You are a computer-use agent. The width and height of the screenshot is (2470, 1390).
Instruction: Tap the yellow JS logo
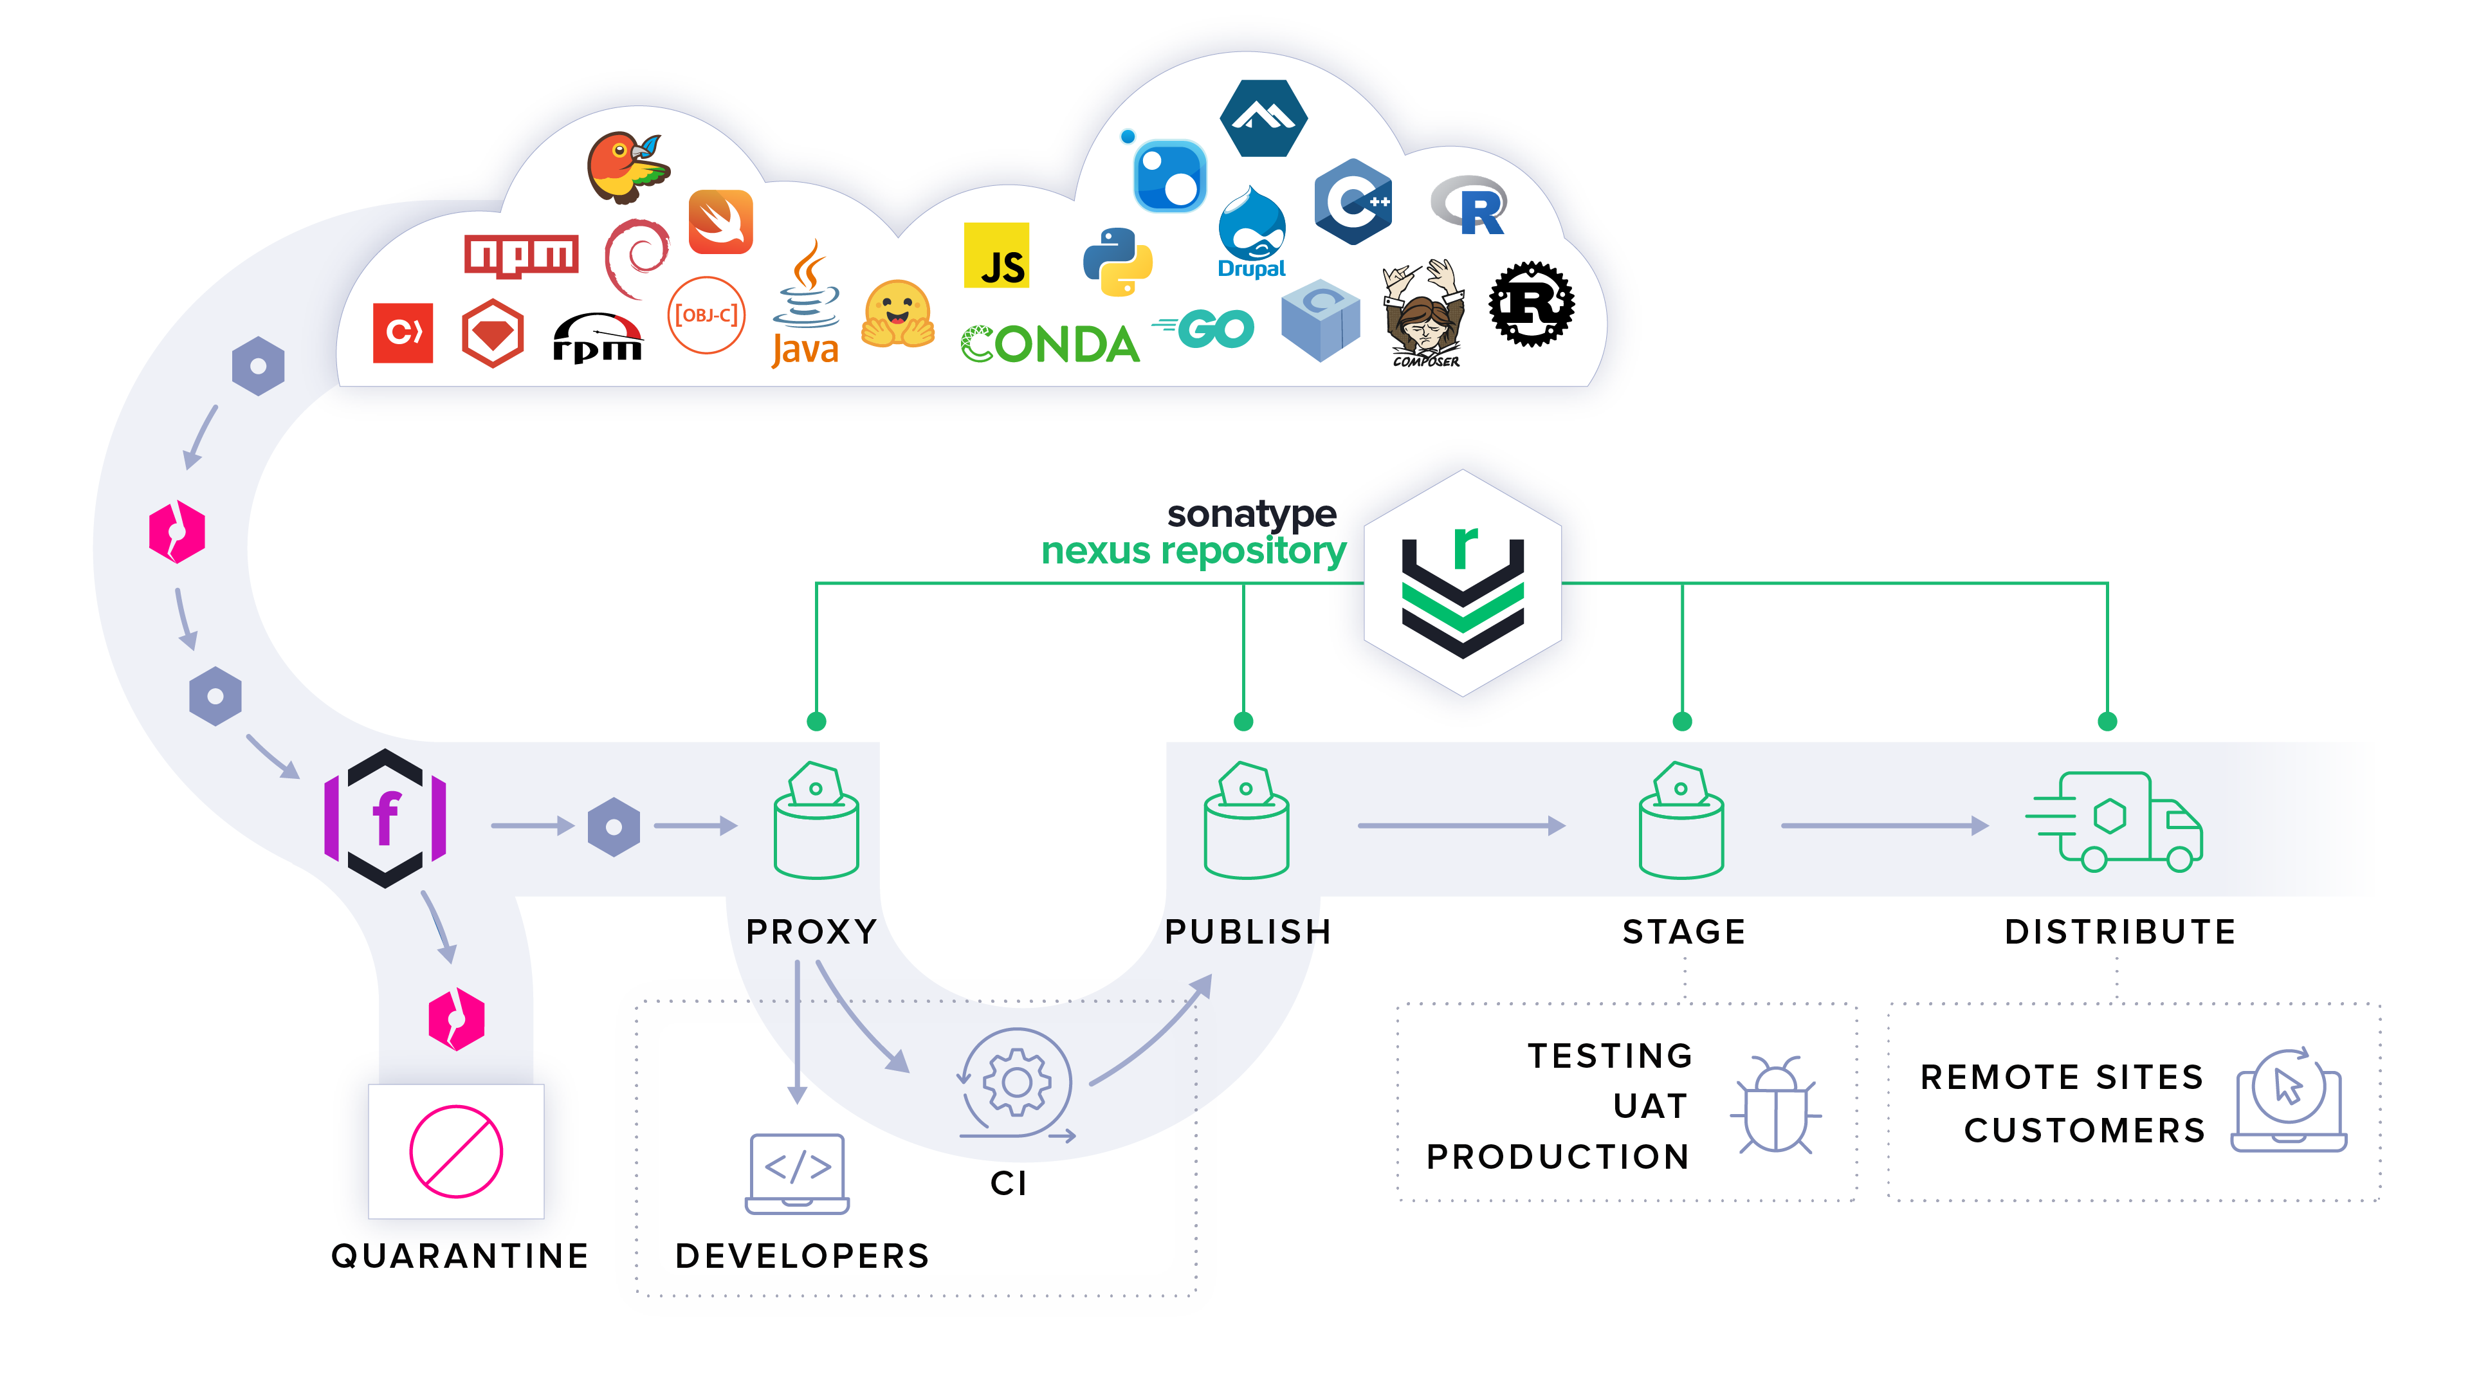click(996, 256)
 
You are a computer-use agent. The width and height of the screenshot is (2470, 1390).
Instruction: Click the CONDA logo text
click(1050, 344)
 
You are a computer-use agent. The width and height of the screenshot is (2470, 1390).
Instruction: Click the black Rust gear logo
click(1532, 304)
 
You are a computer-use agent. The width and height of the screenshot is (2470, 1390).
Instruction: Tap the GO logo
click(1205, 329)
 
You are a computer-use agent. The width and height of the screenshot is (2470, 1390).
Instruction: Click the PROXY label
click(811, 932)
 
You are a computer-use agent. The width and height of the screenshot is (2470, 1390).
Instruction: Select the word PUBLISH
click(1247, 932)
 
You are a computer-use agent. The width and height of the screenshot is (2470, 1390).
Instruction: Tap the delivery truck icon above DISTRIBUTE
click(2115, 821)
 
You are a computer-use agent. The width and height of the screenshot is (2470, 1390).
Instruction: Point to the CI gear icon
click(1016, 1083)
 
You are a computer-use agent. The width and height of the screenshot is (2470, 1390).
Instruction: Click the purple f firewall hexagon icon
click(385, 818)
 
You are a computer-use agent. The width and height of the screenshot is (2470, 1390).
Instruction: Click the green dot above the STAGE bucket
click(1682, 721)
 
